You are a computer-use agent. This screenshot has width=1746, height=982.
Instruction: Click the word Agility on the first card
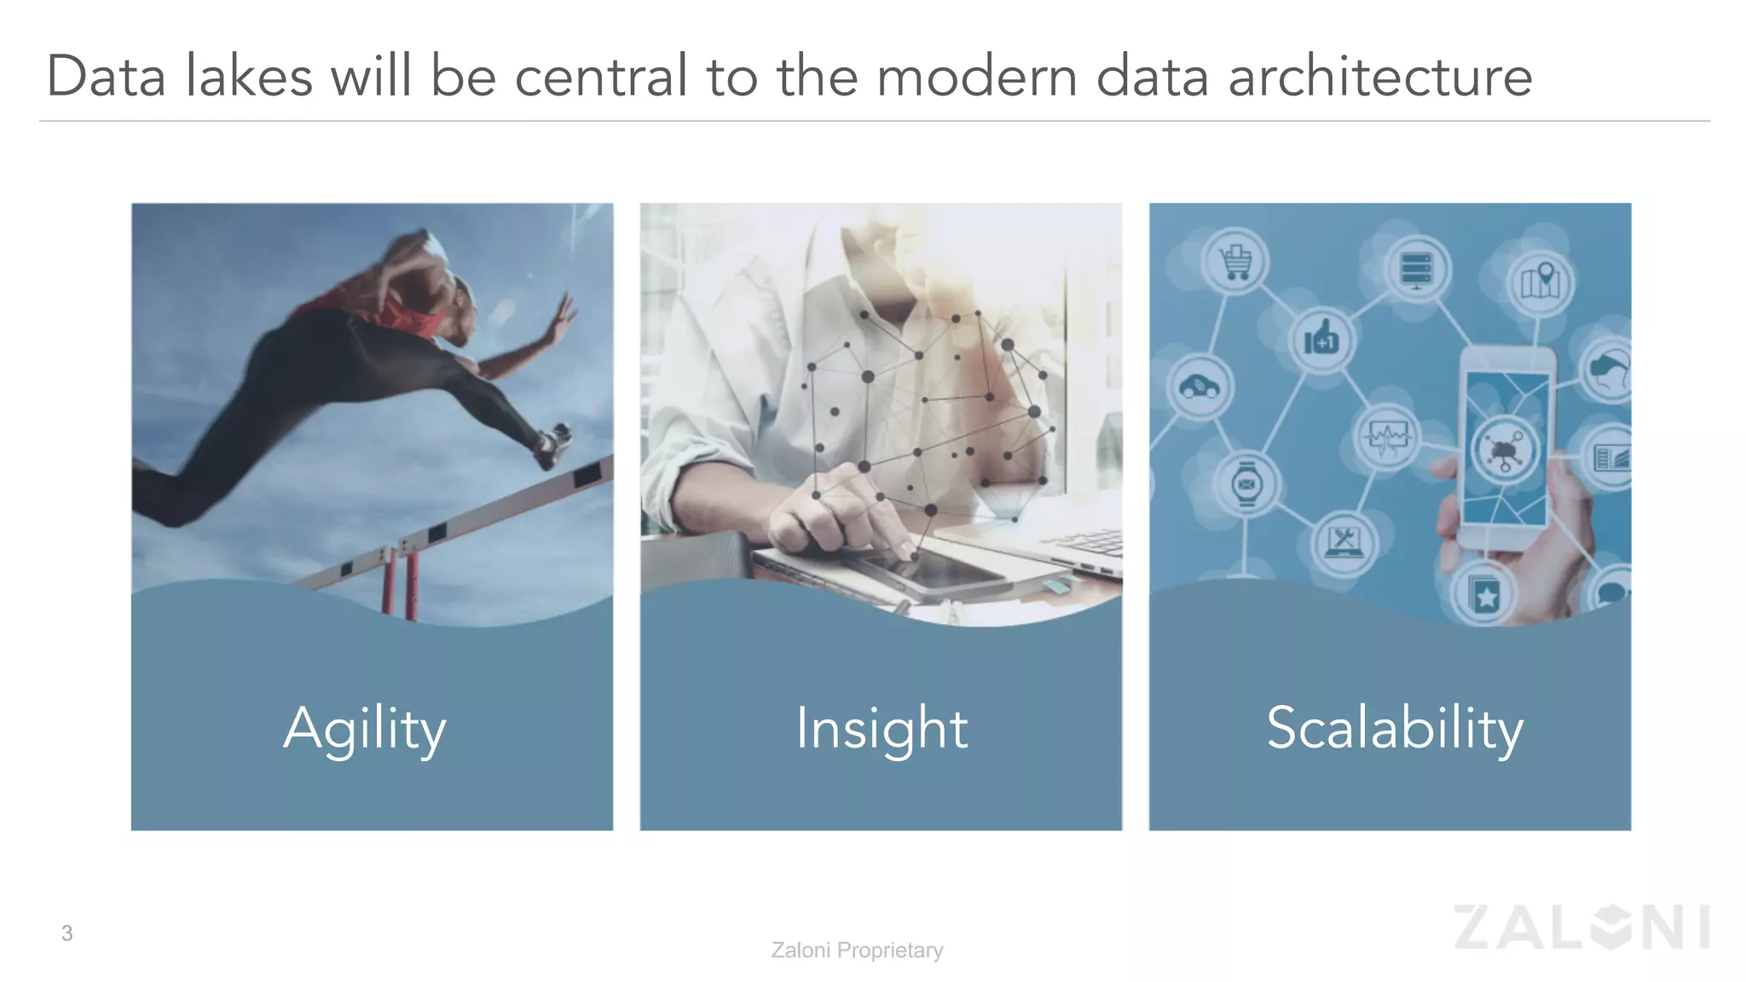(365, 729)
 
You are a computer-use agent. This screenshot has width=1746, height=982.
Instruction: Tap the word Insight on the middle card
(882, 729)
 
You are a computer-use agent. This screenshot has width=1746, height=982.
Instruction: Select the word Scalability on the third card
(1394, 729)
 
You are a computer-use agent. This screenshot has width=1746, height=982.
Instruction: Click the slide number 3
(66, 933)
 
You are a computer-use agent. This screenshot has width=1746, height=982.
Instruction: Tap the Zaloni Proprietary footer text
(857, 950)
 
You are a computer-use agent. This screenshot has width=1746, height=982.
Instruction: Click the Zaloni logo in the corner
(1581, 927)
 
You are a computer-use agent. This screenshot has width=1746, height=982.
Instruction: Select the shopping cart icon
(1235, 263)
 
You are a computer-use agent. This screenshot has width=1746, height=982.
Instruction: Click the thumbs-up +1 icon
(1321, 339)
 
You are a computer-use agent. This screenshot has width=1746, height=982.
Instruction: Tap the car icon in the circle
(1200, 388)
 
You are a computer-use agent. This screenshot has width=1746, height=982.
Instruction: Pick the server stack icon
(1416, 270)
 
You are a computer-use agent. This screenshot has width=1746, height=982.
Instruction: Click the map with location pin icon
(1541, 281)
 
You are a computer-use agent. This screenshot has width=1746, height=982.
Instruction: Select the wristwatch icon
(1246, 485)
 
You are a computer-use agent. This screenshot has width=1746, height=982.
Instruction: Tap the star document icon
(1484, 595)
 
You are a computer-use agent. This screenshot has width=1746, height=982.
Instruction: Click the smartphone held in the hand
(1506, 448)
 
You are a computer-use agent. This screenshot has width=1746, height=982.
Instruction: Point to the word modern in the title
(976, 77)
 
